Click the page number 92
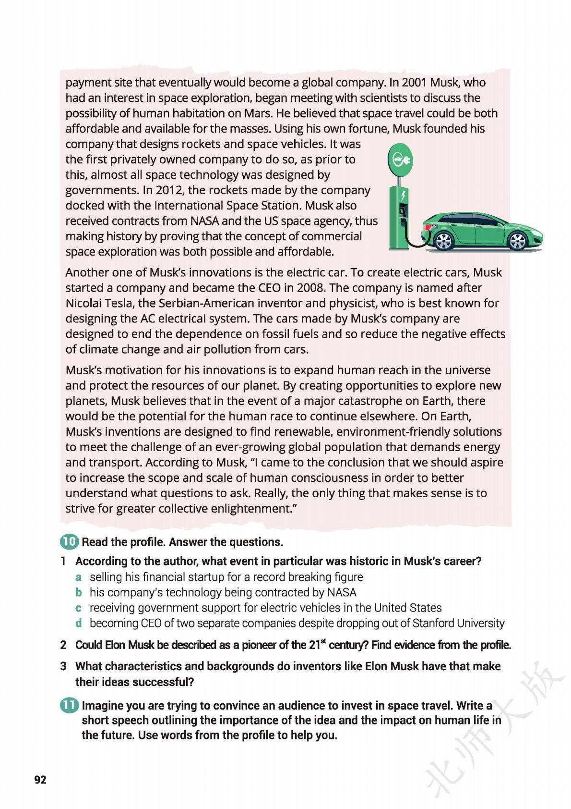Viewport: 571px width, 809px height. (40, 779)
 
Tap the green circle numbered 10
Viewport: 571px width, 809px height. (69, 542)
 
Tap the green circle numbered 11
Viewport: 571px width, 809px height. (69, 705)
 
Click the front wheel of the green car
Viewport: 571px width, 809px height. (517, 241)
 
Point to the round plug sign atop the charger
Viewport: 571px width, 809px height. (399, 159)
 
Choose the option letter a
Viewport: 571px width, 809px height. (78, 577)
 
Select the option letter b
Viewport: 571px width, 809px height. (78, 592)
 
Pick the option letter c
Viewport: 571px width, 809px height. (78, 608)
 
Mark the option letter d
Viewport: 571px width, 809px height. (78, 623)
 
